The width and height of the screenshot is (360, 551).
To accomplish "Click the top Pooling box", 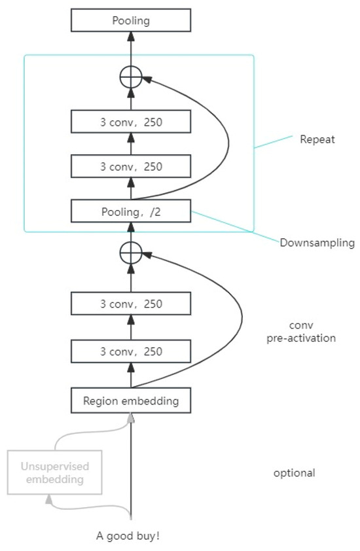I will click(130, 21).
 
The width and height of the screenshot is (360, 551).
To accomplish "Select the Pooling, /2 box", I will click(130, 211).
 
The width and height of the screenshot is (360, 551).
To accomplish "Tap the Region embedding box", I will click(130, 401).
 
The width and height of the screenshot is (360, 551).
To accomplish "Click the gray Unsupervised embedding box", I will click(55, 472).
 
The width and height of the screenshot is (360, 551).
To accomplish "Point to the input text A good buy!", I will click(128, 536).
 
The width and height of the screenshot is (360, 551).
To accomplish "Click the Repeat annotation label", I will click(317, 139).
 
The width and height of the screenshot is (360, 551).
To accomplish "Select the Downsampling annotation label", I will click(317, 243).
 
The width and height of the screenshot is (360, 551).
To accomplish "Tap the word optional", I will click(294, 472).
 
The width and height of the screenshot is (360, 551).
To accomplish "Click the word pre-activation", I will click(303, 338).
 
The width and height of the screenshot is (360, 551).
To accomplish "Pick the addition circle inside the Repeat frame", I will click(131, 77).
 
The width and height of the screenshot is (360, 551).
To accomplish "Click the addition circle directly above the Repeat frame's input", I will click(131, 252).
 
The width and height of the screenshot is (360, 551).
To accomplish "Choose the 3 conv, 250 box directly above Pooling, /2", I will click(130, 166).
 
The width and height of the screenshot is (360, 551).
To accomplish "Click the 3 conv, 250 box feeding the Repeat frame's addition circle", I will click(130, 122).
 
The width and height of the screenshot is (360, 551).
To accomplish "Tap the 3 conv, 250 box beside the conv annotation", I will click(130, 304).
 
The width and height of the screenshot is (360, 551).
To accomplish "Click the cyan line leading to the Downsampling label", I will click(236, 226).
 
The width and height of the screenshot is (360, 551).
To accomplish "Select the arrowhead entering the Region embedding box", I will click(131, 418).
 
